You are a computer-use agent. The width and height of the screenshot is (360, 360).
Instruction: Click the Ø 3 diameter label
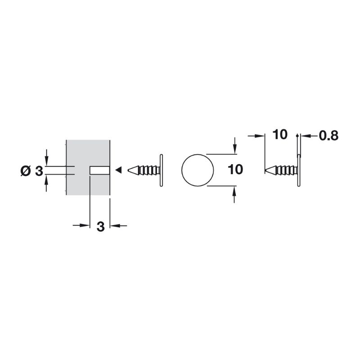coord(31,171)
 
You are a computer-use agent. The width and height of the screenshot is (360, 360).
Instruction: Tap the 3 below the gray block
coord(100,227)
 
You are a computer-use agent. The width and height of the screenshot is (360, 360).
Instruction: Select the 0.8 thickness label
coord(328,136)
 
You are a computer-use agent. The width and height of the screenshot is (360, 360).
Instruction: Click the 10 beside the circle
coord(235,170)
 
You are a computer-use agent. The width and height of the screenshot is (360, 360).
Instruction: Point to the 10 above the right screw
coord(280,135)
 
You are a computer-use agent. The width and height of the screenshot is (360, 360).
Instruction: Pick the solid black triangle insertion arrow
coord(118,170)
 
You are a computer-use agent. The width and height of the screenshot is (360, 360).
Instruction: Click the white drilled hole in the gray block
coord(99,171)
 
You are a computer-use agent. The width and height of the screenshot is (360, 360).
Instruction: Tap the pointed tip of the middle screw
coord(128,170)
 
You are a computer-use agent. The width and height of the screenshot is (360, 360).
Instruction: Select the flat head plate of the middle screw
coord(161,171)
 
